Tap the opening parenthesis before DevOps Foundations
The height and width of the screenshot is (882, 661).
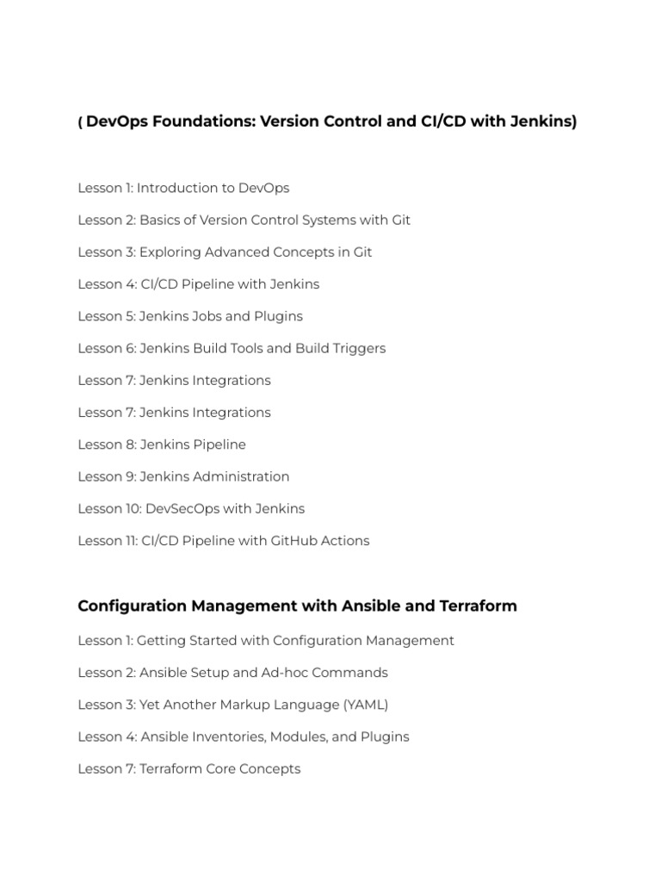point(80,121)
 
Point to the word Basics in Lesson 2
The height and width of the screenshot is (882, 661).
point(160,220)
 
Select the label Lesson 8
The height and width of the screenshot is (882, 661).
point(105,444)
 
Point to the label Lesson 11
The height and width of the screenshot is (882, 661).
point(108,541)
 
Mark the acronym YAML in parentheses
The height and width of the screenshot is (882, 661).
point(366,705)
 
